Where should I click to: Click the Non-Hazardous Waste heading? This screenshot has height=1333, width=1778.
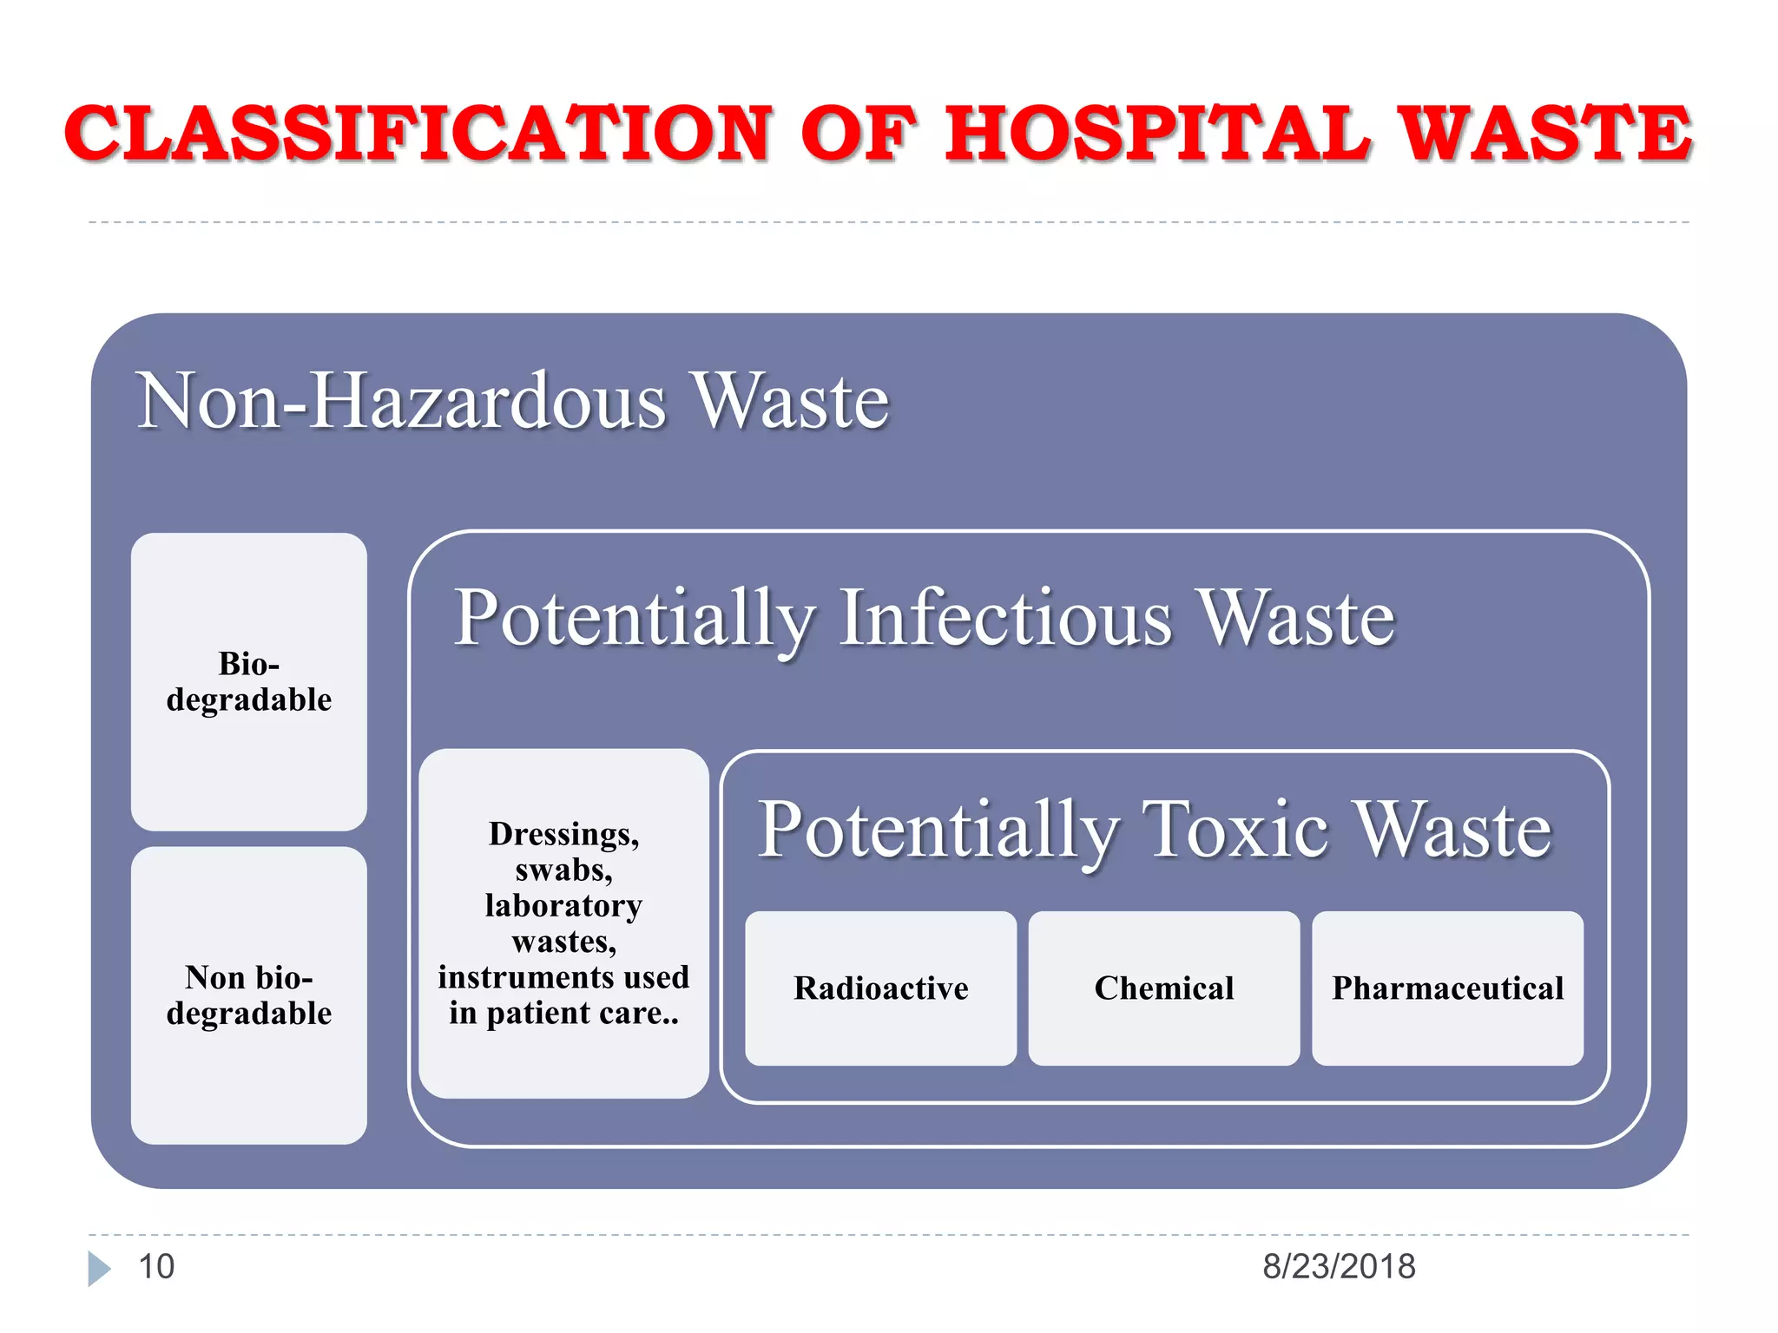pos(512,401)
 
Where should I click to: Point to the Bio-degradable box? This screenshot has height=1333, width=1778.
pos(249,682)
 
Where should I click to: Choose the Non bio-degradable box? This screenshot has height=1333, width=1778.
pos(249,995)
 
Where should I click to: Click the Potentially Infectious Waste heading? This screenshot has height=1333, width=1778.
pos(925,618)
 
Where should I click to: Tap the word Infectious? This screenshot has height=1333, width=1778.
pos(1007,618)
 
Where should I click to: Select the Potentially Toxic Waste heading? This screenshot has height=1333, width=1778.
pos(1155,830)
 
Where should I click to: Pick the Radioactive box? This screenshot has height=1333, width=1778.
pos(880,988)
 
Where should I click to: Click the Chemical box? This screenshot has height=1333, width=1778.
pos(1164,988)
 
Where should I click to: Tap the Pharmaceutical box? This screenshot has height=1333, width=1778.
pos(1447,988)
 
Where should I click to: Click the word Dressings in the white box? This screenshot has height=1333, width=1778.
pos(563,834)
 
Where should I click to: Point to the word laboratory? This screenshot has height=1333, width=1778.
pos(563,906)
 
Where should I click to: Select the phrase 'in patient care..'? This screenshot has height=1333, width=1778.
pos(563,1014)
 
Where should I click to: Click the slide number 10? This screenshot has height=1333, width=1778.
pos(156,1267)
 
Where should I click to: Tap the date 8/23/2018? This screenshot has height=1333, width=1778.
pos(1339,1267)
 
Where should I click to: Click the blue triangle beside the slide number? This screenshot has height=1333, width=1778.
pos(99,1269)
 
